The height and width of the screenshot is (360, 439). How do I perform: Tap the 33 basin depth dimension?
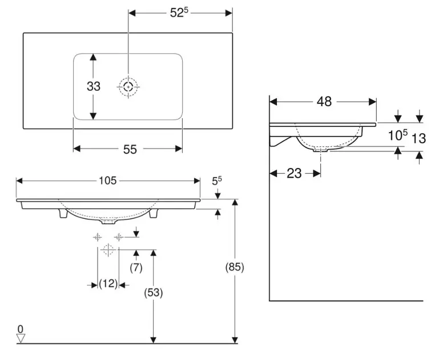pos(94,86)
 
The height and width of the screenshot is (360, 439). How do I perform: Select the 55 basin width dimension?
pos(130,149)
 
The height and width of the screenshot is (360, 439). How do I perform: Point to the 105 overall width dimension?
pos(107,181)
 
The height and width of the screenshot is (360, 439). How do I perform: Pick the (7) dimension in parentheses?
pos(136,267)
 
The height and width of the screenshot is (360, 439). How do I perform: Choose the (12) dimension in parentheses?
pos(108,283)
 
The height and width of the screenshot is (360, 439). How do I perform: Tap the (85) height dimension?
pos(235,267)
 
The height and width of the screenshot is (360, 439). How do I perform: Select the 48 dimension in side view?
pos(324,102)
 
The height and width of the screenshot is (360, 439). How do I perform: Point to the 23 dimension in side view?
pos(294,173)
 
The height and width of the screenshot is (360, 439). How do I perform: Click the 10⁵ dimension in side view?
pos(397,136)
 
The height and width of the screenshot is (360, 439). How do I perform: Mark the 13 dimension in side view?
pos(419,137)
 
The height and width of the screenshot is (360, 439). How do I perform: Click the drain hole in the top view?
pos(128,87)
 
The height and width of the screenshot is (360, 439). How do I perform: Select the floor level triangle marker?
pos(21,338)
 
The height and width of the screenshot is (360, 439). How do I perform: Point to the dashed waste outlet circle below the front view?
pos(108,250)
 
